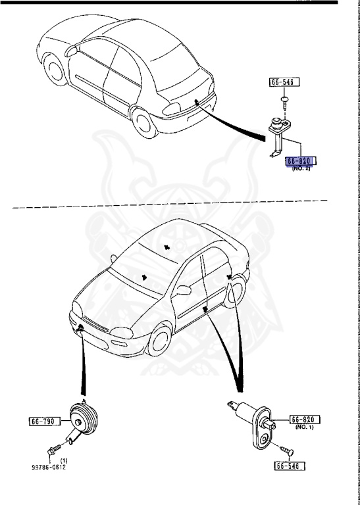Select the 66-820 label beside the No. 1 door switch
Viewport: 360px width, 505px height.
pyautogui.click(x=305, y=419)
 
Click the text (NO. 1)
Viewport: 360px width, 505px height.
pyautogui.click(x=305, y=427)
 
